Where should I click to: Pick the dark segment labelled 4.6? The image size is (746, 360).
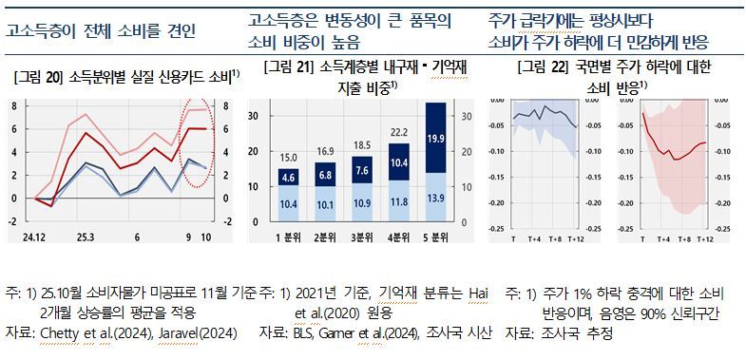(x=288, y=178)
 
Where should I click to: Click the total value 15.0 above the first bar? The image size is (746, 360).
(x=288, y=158)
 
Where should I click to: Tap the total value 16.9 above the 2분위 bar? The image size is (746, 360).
(x=324, y=151)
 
